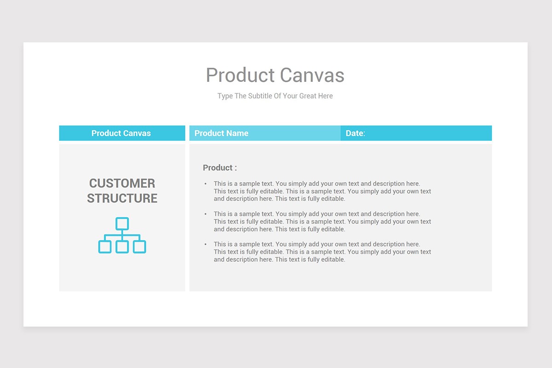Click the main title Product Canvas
click(x=275, y=75)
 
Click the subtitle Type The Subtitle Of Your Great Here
click(x=275, y=96)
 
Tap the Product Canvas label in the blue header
click(x=121, y=133)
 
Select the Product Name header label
click(x=221, y=133)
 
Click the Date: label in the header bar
click(x=355, y=133)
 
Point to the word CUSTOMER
click(x=122, y=183)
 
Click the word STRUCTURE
click(x=122, y=198)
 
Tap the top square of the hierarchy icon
click(x=122, y=224)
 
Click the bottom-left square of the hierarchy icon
click(x=105, y=247)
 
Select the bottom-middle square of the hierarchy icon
click(x=122, y=247)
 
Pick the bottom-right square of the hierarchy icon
click(x=139, y=247)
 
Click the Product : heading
click(x=220, y=168)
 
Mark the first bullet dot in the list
click(x=206, y=184)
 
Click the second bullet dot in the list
click(x=206, y=214)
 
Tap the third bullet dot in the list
click(x=206, y=245)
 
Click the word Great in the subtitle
click(x=308, y=96)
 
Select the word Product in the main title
click(x=240, y=75)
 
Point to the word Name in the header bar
click(x=237, y=133)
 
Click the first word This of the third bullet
click(x=220, y=244)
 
